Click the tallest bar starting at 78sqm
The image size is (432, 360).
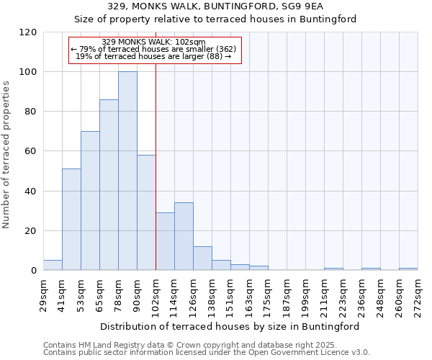(x=127, y=171)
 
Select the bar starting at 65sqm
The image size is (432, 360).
(x=109, y=185)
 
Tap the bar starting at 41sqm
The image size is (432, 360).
(x=71, y=220)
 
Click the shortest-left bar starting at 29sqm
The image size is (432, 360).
(x=53, y=266)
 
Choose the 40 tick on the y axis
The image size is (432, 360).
(x=32, y=192)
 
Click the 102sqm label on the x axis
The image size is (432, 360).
(x=156, y=295)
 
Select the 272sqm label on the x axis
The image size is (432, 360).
(x=418, y=295)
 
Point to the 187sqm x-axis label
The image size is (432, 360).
(x=287, y=295)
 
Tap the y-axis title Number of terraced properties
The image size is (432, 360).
(x=6, y=154)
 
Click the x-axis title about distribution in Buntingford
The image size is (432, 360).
(x=230, y=326)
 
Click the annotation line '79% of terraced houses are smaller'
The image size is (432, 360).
(x=154, y=49)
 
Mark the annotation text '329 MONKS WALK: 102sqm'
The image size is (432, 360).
(x=154, y=42)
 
